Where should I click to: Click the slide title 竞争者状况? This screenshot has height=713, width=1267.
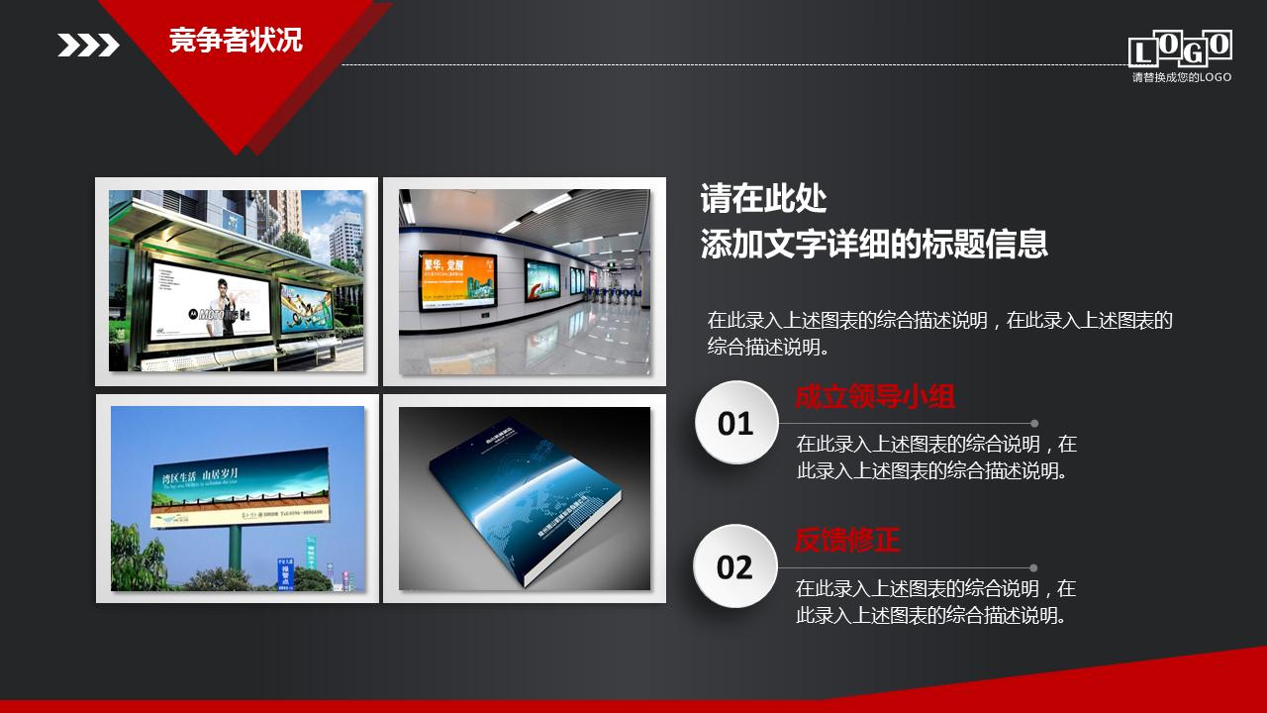pyautogui.click(x=236, y=41)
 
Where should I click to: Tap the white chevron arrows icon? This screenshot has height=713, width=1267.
pyautogui.click(x=88, y=46)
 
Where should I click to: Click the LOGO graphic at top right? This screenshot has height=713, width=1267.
pyautogui.click(x=1180, y=49)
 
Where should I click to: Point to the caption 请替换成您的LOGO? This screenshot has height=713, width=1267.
pyautogui.click(x=1182, y=77)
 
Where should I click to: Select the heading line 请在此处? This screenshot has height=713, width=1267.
pyautogui.click(x=763, y=199)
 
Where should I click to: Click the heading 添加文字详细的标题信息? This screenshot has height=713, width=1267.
pyautogui.click(x=874, y=244)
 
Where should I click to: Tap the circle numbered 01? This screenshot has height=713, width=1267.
pyautogui.click(x=735, y=423)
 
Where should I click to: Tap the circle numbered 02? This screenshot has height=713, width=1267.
pyautogui.click(x=734, y=567)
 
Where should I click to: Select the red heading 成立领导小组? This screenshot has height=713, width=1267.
pyautogui.click(x=875, y=398)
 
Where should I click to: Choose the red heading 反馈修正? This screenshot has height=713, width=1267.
pyautogui.click(x=847, y=541)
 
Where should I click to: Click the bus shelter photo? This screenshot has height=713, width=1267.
pyautogui.click(x=236, y=281)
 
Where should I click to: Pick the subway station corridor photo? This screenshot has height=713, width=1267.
pyautogui.click(x=525, y=281)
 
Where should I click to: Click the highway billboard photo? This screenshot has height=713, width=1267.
pyautogui.click(x=237, y=498)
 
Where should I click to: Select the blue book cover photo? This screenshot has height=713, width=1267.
pyautogui.click(x=525, y=498)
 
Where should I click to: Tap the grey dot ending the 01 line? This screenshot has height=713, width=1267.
pyautogui.click(x=1034, y=423)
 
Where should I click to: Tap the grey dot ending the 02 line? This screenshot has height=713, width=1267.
pyautogui.click(x=1033, y=567)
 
